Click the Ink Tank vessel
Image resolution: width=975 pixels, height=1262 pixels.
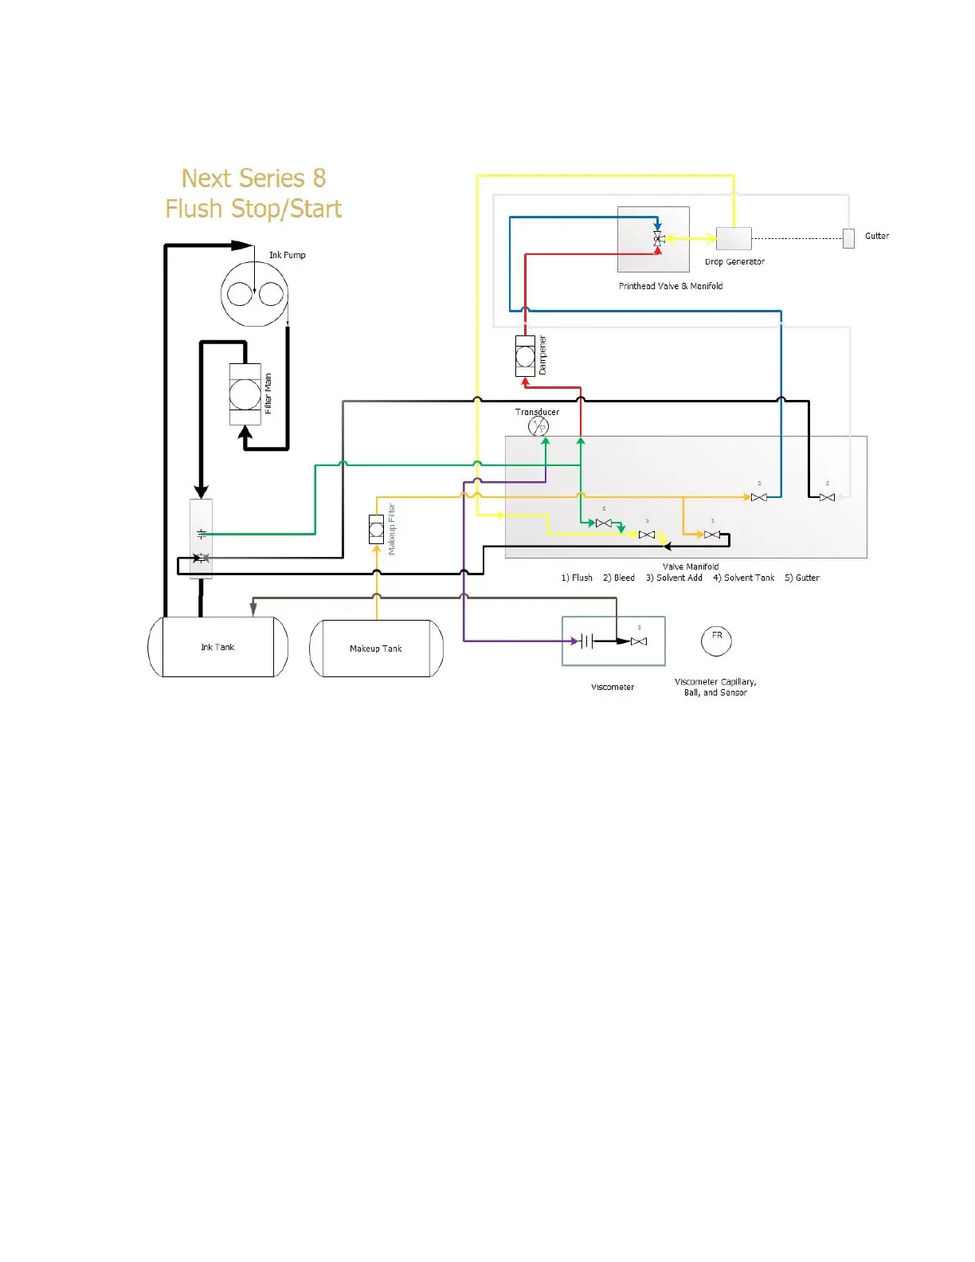(x=217, y=647)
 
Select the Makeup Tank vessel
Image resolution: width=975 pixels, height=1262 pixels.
(x=376, y=649)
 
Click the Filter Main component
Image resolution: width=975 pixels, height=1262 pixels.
(x=245, y=394)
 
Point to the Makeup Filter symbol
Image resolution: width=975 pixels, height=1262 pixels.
(x=377, y=530)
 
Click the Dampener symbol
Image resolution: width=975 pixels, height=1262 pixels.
(x=525, y=356)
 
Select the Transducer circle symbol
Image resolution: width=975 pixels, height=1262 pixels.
(x=538, y=427)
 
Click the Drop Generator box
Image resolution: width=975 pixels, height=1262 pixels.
(x=734, y=238)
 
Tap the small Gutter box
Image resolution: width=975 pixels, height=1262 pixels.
(x=848, y=238)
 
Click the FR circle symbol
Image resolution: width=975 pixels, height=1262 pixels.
(x=716, y=641)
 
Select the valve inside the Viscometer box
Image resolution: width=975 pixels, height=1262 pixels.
(x=639, y=641)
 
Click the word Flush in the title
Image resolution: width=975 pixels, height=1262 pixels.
(x=195, y=209)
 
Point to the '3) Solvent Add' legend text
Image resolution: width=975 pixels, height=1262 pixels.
(x=674, y=578)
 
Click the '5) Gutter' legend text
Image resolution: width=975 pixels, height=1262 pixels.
(x=801, y=578)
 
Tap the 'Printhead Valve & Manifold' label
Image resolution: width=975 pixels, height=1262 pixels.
(x=671, y=286)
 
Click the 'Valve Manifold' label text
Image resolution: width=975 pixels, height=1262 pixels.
(x=691, y=566)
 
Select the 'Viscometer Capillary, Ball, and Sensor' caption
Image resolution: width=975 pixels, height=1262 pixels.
(x=715, y=687)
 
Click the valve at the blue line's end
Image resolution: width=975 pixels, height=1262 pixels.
(x=759, y=497)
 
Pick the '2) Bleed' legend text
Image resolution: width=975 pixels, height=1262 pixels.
(x=619, y=578)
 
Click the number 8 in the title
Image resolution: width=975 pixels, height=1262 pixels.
(x=319, y=178)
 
